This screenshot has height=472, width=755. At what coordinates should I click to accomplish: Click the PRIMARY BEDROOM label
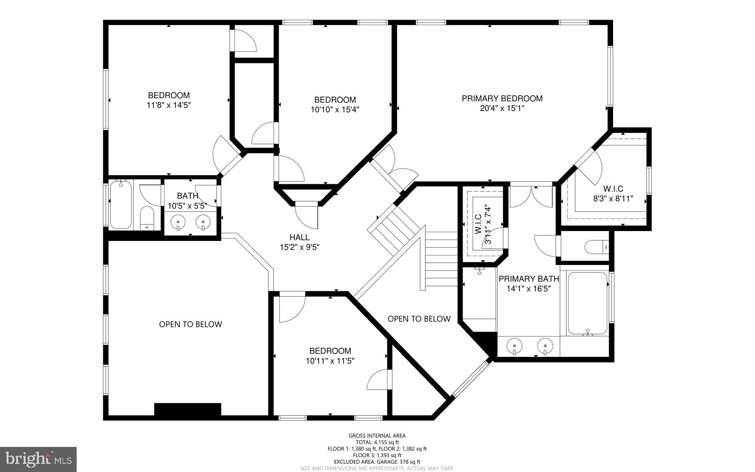coord(502,99)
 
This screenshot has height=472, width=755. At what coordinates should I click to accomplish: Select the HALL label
coord(299,237)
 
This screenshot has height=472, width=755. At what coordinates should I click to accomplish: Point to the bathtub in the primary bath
coord(588,303)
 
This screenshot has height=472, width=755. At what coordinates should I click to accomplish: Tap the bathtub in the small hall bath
coord(120,205)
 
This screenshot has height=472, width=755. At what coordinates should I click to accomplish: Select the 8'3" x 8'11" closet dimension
coord(613,199)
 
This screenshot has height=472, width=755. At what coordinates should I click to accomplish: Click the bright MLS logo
coord(38,459)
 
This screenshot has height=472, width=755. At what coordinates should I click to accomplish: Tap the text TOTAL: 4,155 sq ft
coord(377,442)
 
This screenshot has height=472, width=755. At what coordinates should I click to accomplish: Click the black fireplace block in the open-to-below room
coord(187,409)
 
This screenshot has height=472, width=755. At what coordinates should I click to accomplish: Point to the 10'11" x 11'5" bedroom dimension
coord(330,361)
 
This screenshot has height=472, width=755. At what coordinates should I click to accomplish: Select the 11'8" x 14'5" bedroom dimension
coord(168,105)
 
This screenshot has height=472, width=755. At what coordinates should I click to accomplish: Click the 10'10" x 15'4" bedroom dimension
coord(335,110)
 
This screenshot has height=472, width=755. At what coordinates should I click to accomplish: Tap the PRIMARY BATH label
coord(529,279)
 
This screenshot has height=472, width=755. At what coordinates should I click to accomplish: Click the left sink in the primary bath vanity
coord(514,346)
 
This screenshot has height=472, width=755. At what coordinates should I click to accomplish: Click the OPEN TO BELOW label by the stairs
coord(419,319)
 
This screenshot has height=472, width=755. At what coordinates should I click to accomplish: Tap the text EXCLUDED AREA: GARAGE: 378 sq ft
coord(377,462)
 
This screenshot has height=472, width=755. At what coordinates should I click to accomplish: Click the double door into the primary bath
coord(531,196)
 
